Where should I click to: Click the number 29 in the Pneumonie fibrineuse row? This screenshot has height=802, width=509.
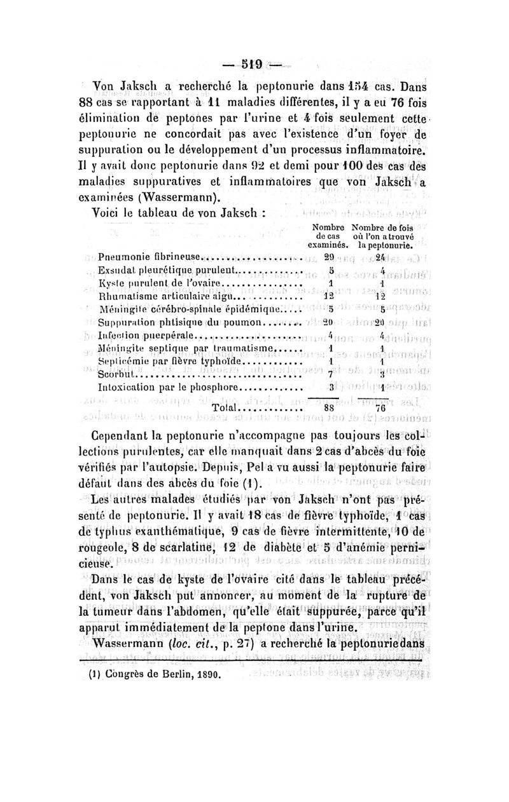pyautogui.click(x=330, y=257)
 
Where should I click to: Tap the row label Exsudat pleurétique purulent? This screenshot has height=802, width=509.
pyautogui.click(x=168, y=271)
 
